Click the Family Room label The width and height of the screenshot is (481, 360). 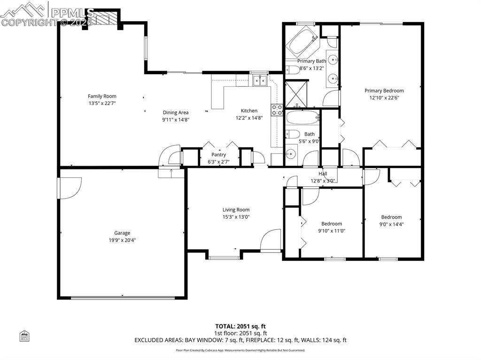(102, 96)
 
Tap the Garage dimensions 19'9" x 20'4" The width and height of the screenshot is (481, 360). (122, 240)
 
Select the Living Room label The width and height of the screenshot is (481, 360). (236, 210)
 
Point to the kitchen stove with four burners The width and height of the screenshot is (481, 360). (277, 110)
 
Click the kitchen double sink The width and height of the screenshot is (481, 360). (259, 81)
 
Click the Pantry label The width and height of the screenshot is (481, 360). (218, 154)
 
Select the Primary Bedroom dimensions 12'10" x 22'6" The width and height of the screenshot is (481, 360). (384, 98)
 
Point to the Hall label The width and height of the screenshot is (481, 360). (323, 174)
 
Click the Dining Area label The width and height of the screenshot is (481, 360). (176, 112)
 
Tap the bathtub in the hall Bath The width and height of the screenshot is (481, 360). (302, 117)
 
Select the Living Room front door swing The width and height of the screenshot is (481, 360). (271, 240)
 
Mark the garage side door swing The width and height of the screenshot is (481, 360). (70, 188)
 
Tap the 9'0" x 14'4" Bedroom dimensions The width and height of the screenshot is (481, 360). (391, 224)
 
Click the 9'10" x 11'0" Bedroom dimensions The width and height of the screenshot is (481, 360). (332, 230)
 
